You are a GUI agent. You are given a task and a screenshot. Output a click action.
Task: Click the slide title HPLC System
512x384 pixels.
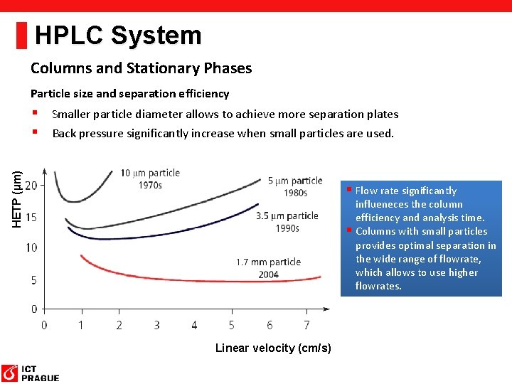pyautogui.click(x=118, y=35)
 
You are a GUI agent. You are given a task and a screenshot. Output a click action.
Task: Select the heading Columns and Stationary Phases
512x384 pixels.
pyautogui.click(x=141, y=68)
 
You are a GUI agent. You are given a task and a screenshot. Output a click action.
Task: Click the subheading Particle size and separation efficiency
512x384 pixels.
pyautogui.click(x=129, y=93)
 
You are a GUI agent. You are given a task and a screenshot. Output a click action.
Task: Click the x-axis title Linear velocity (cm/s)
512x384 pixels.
pyautogui.click(x=273, y=348)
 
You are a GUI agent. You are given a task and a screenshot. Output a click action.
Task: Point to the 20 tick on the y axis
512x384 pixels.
pyautogui.click(x=31, y=186)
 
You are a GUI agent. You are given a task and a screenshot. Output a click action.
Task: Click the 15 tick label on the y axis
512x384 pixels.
pyautogui.click(x=31, y=217)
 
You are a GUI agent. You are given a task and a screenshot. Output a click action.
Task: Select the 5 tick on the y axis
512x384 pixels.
pyautogui.click(x=34, y=279)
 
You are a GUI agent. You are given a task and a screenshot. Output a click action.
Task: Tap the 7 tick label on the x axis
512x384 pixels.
pyautogui.click(x=306, y=325)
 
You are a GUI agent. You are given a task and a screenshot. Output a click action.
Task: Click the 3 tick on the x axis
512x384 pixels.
pyautogui.click(x=156, y=325)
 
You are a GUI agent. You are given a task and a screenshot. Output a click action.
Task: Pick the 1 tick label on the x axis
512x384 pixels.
pyautogui.click(x=81, y=325)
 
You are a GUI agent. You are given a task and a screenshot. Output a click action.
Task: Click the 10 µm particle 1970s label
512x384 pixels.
pyautogui.click(x=150, y=178)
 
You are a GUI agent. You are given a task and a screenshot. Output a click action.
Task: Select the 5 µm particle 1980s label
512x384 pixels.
pyautogui.click(x=295, y=186)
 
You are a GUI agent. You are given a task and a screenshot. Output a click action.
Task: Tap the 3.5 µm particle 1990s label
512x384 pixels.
pyautogui.click(x=287, y=221)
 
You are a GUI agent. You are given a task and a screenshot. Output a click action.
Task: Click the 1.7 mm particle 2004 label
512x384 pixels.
pyautogui.click(x=268, y=268)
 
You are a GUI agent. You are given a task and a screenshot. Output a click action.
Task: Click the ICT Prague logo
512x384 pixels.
pyautogui.click(x=30, y=373)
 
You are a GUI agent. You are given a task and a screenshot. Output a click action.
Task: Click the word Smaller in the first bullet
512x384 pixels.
pyautogui.click(x=71, y=114)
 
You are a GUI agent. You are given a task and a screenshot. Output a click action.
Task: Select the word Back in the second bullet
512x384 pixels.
pyautogui.click(x=64, y=133)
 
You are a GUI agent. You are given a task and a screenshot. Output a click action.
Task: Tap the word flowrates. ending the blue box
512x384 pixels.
pyautogui.click(x=378, y=286)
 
